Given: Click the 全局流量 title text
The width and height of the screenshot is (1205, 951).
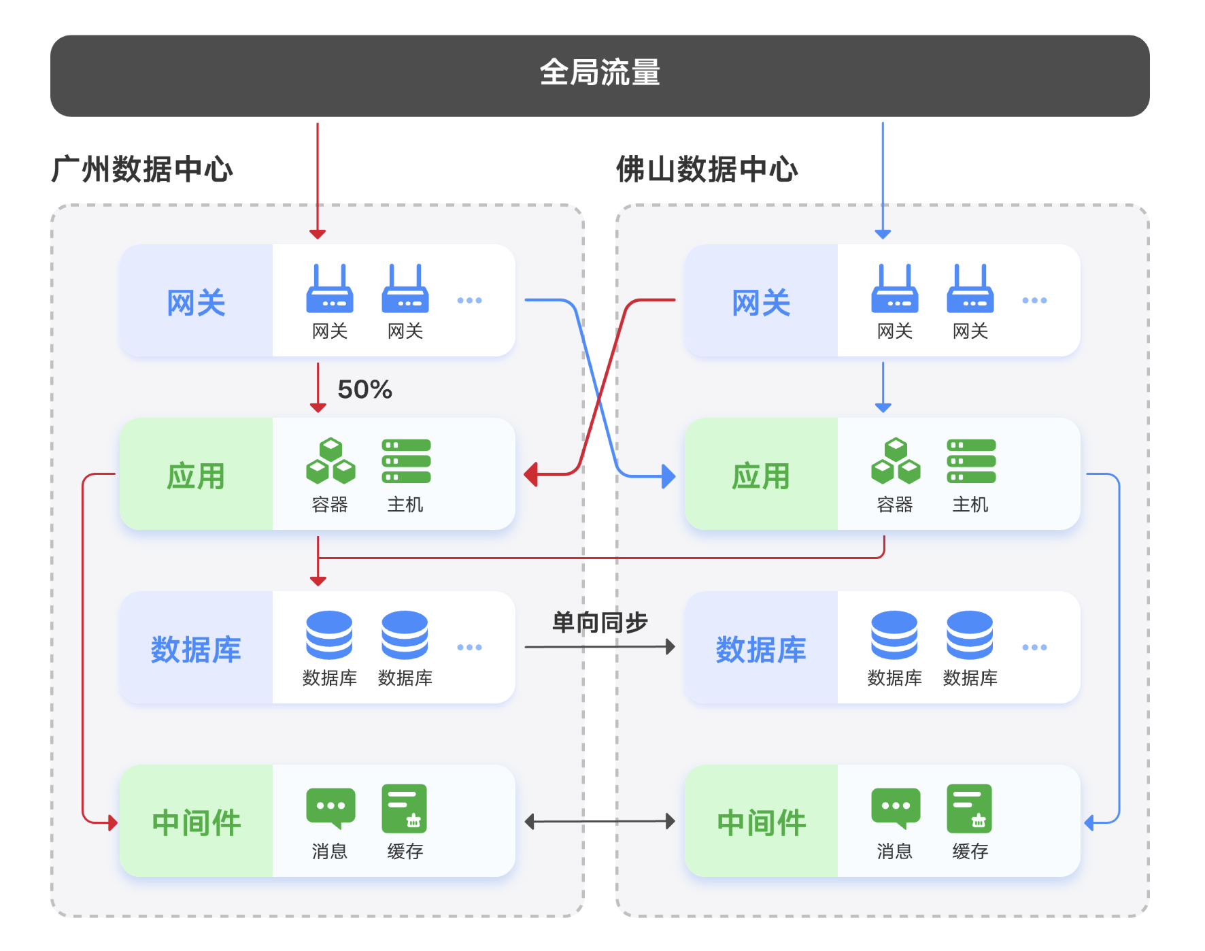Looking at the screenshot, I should pos(600,73).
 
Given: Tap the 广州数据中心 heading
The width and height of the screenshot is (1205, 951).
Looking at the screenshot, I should pos(142,169).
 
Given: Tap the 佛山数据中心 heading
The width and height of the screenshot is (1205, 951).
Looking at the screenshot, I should pos(707,169).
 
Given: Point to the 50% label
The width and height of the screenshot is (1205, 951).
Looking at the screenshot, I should pos(364,389).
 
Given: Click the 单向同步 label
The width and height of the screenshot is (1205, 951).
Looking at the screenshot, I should pos(600,622).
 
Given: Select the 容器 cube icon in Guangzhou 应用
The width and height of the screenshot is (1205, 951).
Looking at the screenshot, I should pos(330,461).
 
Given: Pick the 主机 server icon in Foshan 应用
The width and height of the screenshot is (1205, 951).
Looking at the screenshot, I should pos(971,461).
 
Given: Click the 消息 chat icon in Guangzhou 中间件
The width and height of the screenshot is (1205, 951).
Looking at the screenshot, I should pos(330,808).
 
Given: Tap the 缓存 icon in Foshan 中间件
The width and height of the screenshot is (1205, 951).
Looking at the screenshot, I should pos(970,808).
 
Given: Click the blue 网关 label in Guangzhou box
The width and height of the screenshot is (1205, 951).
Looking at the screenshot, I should pos(196,303).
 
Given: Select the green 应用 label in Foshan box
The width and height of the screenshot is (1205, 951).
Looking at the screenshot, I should pos(761,476).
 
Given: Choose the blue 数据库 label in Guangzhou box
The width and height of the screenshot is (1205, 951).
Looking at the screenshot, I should pos(196,650).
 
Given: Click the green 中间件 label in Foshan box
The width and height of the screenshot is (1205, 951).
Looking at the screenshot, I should pos(761,823).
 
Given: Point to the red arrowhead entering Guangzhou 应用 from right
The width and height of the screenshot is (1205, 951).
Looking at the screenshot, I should pos(531,474).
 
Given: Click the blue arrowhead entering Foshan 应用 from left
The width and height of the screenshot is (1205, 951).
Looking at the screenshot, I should pos(668,476).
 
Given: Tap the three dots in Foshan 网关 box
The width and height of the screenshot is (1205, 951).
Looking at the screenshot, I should pos(1034,300).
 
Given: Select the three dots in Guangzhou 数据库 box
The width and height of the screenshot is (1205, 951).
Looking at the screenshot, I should pos(469,647).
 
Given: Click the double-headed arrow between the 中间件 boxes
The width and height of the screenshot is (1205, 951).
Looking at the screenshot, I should pos(600,822).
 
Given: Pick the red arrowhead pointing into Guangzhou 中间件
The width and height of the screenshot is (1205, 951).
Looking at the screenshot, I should pos(112,823).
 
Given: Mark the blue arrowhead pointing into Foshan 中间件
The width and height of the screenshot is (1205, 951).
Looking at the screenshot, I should pos(1089,823).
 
